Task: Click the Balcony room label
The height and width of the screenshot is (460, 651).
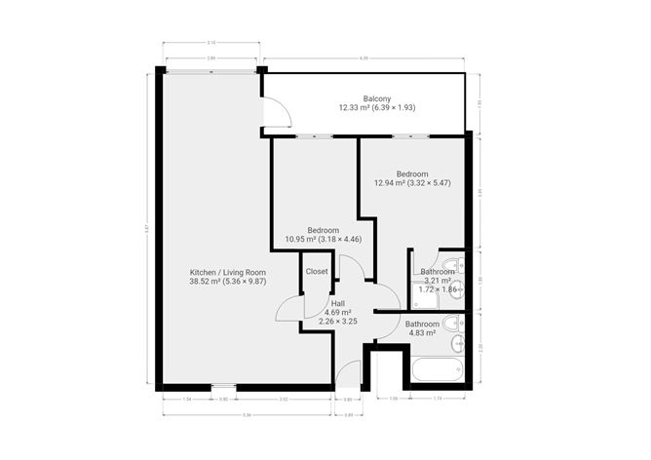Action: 377,98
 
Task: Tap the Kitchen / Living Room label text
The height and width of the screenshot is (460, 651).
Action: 228,272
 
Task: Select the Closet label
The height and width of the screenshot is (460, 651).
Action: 317,271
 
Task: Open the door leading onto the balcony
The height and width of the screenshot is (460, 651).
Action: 276,115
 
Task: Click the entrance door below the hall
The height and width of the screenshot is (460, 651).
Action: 348,374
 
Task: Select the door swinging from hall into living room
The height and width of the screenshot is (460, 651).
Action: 289,309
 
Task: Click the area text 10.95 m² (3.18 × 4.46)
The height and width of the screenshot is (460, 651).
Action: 323,238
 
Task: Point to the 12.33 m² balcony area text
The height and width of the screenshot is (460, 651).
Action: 377,108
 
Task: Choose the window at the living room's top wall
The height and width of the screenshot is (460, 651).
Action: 211,70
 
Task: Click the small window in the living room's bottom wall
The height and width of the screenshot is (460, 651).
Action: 223,387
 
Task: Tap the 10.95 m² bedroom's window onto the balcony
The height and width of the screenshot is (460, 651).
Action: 313,135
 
